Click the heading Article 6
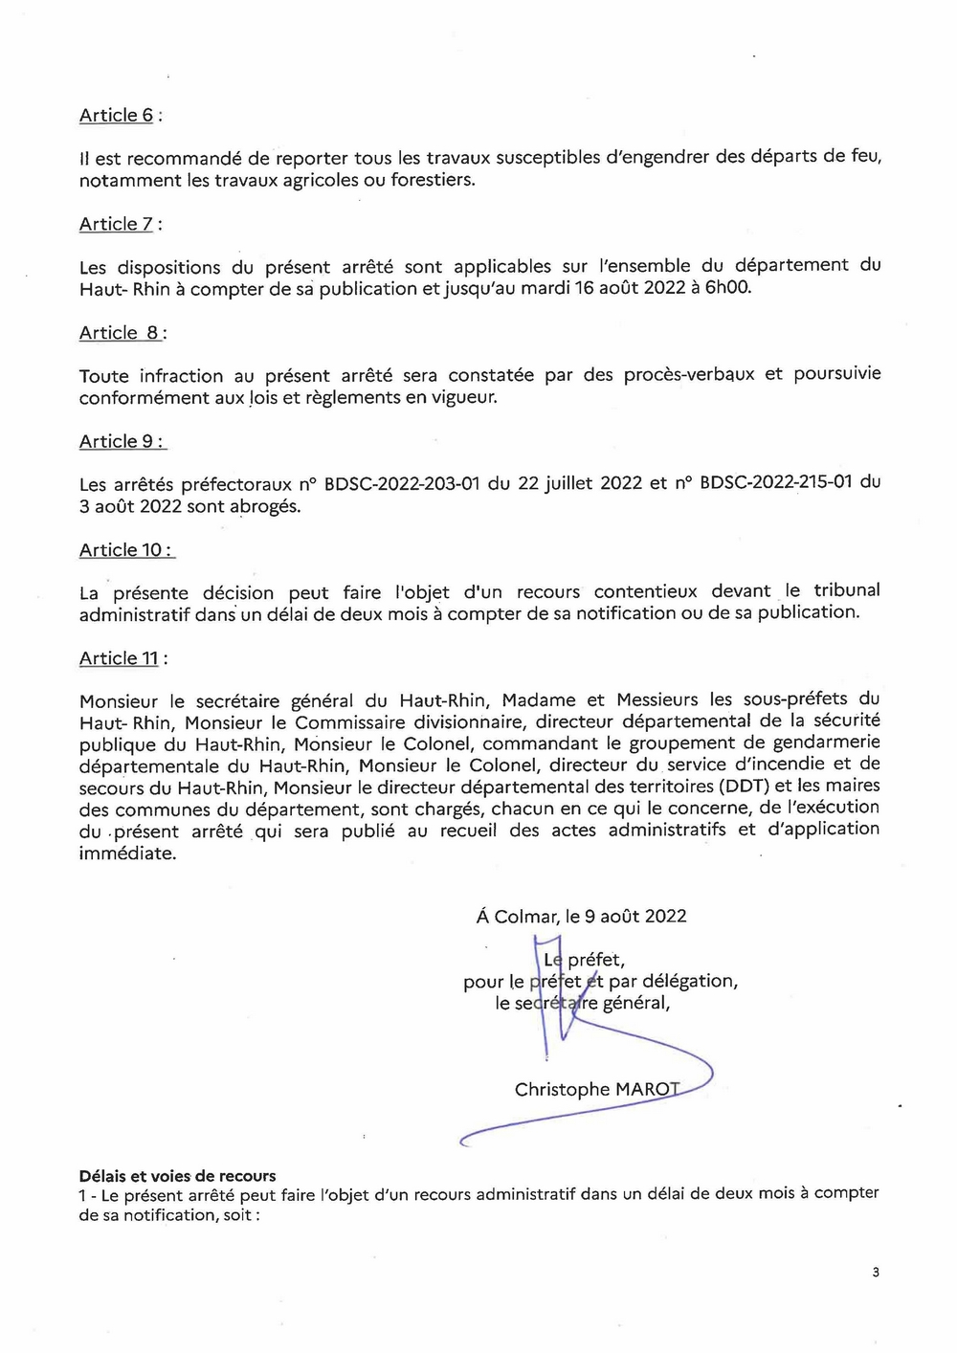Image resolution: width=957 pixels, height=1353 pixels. [117, 115]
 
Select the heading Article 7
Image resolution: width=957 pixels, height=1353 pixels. [117, 224]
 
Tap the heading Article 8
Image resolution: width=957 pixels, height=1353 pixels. [120, 333]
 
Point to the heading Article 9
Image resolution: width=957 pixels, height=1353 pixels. [118, 441]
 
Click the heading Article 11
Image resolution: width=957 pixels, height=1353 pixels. [120, 658]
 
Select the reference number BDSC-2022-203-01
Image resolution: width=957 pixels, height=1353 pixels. [402, 483]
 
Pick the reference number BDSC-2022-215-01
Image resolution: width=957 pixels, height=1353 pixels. [776, 482]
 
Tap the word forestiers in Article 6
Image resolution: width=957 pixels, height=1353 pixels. [432, 180]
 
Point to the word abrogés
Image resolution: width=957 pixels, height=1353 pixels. [265, 506]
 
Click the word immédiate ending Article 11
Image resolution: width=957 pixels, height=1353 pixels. [127, 854]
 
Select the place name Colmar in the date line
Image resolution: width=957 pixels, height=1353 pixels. [525, 916]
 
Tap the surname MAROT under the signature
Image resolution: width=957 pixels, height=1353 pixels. [647, 1089]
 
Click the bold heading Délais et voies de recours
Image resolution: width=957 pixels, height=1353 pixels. [177, 1176]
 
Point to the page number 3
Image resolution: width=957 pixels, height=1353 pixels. [876, 1272]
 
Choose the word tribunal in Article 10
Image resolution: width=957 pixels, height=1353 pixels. [847, 590]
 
